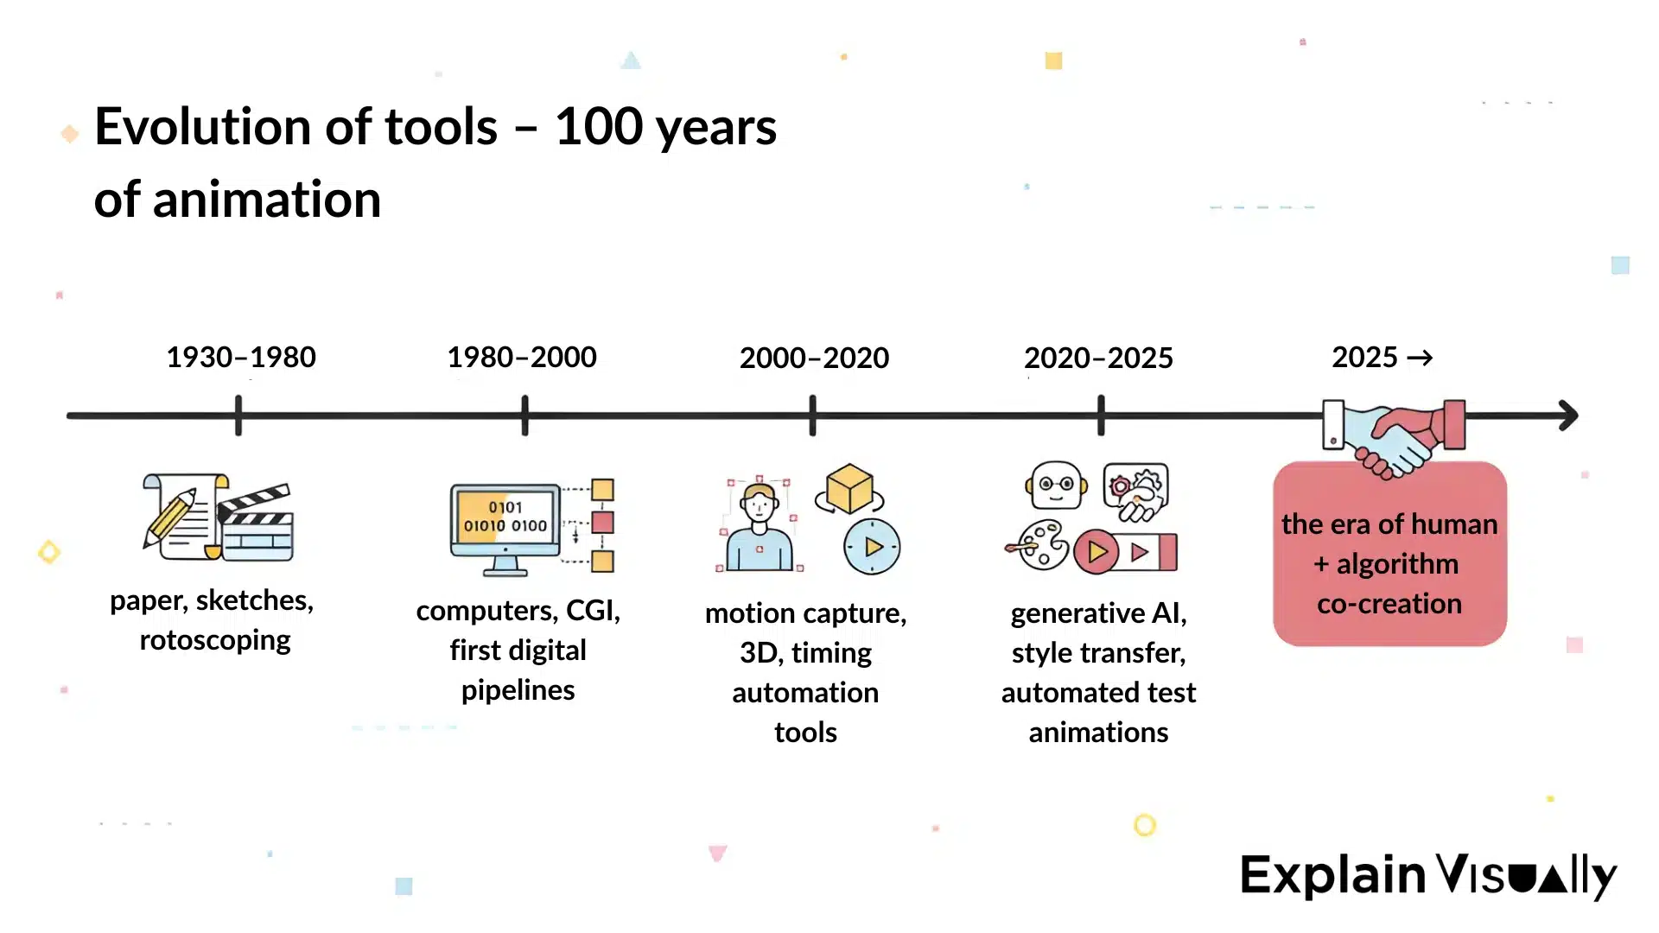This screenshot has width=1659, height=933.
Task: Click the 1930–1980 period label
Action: [240, 357]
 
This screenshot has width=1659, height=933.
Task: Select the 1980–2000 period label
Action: [521, 357]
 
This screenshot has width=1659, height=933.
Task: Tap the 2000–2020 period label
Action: [814, 358]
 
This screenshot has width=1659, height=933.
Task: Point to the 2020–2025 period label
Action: [1098, 358]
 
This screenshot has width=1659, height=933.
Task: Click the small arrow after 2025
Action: [1420, 358]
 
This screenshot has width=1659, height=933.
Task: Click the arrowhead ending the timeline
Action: [1568, 416]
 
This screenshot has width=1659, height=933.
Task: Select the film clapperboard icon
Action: [256, 524]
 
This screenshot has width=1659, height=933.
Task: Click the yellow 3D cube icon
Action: [849, 489]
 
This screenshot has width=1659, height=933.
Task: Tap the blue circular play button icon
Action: [872, 547]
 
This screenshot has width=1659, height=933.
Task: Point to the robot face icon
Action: [1056, 485]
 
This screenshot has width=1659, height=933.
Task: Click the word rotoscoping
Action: [215, 640]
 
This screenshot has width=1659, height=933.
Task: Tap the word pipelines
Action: [518, 690]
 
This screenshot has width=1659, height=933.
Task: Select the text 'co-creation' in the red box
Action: [1389, 604]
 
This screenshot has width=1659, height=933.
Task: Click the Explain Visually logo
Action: [1427, 875]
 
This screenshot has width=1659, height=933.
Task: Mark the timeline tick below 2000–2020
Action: [812, 416]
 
